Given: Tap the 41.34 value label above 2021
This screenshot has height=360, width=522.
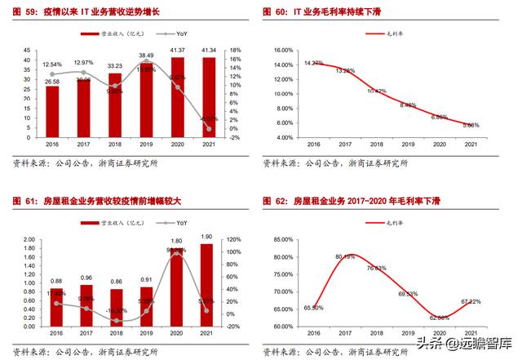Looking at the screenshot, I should (x=210, y=51).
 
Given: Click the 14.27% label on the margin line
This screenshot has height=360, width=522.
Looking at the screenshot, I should (x=314, y=63).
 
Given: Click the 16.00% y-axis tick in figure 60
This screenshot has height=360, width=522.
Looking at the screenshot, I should (x=281, y=50).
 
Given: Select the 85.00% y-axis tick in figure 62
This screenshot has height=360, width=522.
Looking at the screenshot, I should (x=281, y=239).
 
